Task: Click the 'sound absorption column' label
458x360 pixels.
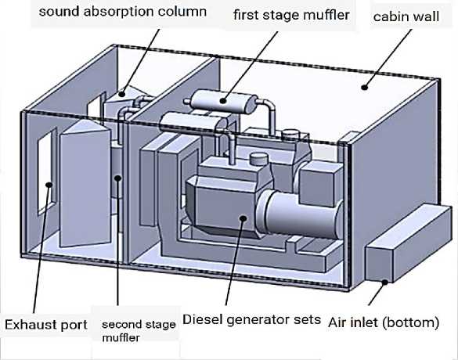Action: click(123, 12)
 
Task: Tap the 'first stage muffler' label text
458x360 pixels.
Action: click(291, 15)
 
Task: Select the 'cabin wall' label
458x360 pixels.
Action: click(406, 16)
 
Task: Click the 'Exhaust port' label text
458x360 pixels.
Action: click(46, 325)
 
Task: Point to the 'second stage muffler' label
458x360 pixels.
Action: click(139, 331)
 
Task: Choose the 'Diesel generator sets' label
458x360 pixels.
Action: click(251, 319)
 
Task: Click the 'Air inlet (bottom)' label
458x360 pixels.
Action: click(384, 322)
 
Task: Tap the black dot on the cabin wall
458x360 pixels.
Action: click(364, 87)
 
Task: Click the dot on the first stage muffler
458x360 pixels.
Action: click(223, 101)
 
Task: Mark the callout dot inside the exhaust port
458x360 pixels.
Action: click(49, 185)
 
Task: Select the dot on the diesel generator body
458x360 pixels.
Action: click(243, 218)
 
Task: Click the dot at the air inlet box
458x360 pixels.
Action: click(385, 282)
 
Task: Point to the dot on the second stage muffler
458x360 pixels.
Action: click(117, 178)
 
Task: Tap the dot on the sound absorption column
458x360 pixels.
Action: click(122, 94)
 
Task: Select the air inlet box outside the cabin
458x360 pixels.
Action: click(409, 244)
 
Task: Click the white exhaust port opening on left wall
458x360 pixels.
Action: click(47, 171)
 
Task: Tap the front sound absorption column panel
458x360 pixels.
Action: click(85, 185)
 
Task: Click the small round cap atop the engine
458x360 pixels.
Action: click(259, 160)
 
